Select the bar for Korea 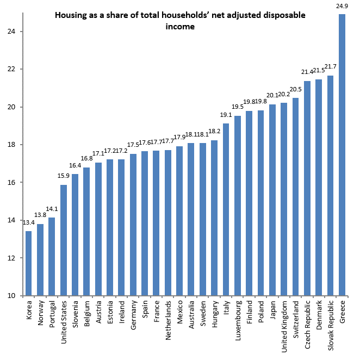click(x=29, y=264)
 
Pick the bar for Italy click(x=226, y=210)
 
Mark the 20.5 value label click(x=295, y=90)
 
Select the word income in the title click(x=180, y=26)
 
